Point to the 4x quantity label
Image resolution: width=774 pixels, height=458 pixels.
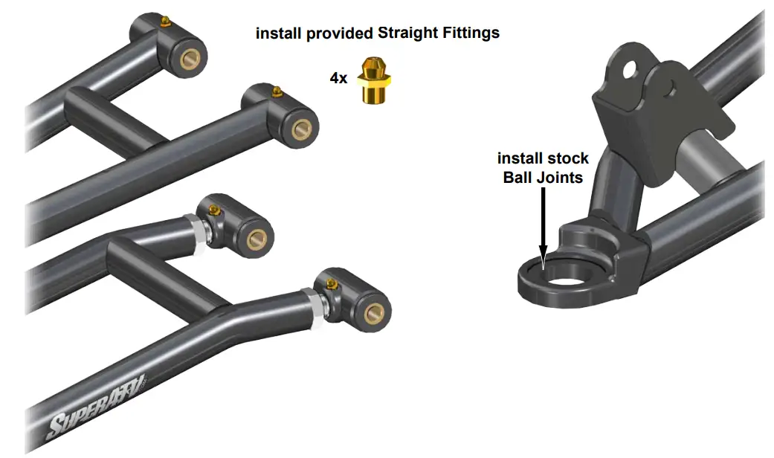338,77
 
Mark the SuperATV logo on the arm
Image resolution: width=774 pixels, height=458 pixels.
97,406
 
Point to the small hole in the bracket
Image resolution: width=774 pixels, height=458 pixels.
674,91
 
